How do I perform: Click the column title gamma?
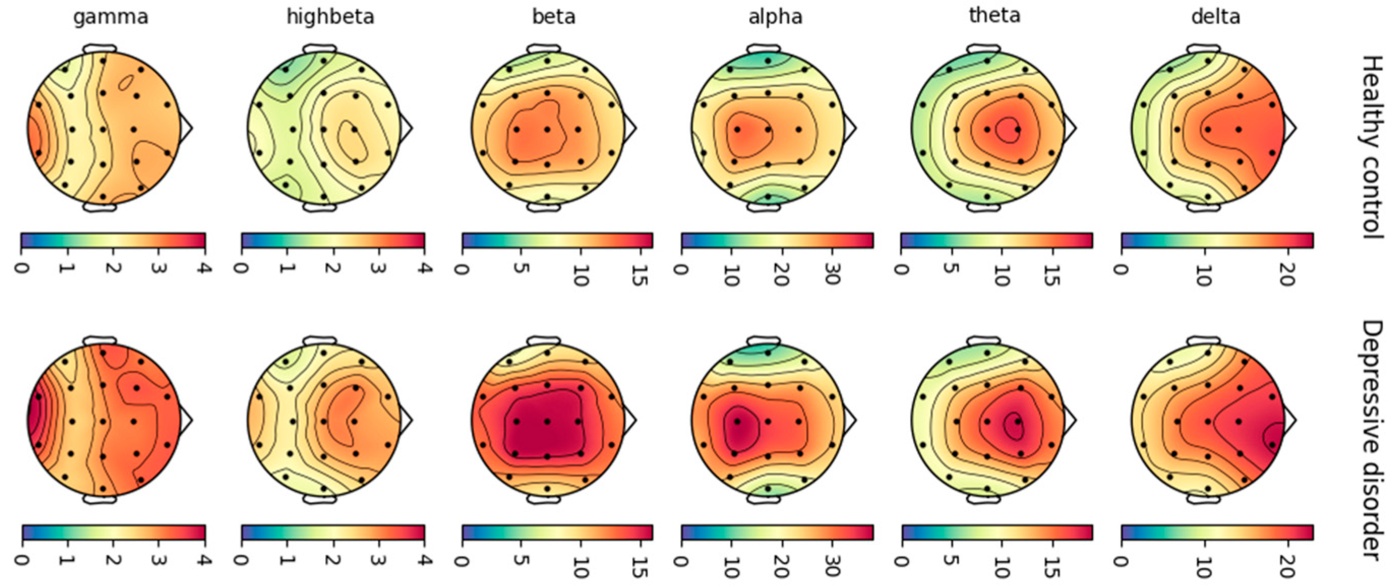(111, 17)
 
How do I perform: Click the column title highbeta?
(330, 17)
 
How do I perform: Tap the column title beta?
(554, 17)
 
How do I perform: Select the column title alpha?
(775, 17)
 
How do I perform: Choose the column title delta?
(1216, 17)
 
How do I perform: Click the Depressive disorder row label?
(1372, 440)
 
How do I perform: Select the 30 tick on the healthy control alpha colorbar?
(832, 267)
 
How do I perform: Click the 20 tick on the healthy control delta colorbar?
(1288, 267)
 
